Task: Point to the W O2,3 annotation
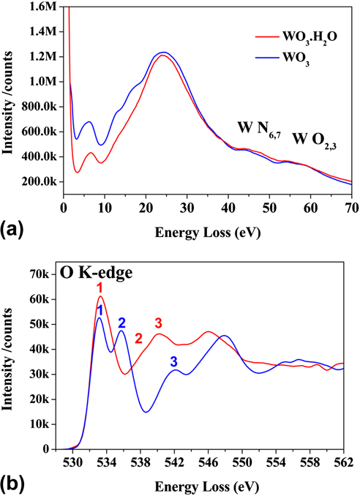pyautogui.click(x=317, y=138)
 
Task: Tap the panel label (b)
pyautogui.click(x=14, y=484)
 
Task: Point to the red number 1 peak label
pyautogui.click(x=100, y=288)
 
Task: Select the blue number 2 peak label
pyautogui.click(x=122, y=323)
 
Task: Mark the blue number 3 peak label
pyautogui.click(x=173, y=361)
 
